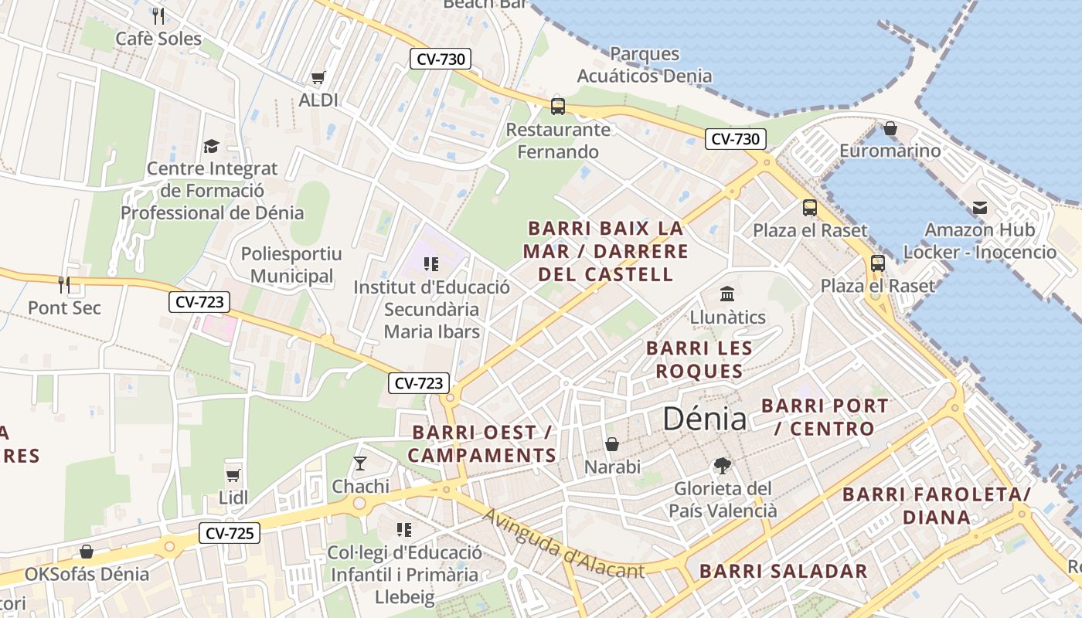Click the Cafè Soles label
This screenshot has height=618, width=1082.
pos(158,39)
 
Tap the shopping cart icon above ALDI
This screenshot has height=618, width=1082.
pos(318,77)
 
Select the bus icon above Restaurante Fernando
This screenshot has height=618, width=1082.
pos(558,107)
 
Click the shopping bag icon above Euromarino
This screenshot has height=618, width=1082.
pos(890,128)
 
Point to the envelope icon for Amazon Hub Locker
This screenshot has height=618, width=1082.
pos(980,207)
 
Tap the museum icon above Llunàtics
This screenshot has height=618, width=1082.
pos(726,294)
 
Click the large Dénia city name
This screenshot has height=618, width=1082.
pos(705,419)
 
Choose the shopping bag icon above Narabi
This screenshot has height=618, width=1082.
pos(612,444)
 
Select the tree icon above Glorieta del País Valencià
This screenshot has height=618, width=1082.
pos(723,465)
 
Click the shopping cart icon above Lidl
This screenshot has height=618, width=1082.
pos(233,475)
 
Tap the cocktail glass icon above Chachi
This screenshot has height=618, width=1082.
pos(360,463)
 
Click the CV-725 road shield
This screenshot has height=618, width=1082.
pos(230,533)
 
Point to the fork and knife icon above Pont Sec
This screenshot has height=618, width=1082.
pos(64,284)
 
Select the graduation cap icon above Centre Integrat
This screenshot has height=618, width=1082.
pos(211,146)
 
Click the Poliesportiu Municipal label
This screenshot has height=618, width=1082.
pos(291,265)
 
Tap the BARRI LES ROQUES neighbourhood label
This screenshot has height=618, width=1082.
pos(699,359)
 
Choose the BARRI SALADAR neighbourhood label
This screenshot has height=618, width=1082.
pos(784,572)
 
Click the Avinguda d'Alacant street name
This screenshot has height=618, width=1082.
pos(563,544)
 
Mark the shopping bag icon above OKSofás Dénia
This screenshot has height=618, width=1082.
pos(87,552)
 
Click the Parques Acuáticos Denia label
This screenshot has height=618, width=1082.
pos(645,65)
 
